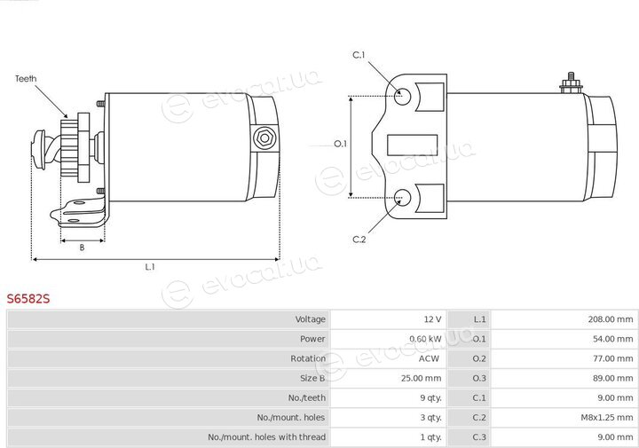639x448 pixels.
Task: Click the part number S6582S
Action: (x=28, y=299)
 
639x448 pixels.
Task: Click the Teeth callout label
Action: (x=26, y=79)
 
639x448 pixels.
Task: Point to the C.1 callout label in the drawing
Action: (x=359, y=55)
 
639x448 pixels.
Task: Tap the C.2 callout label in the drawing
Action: (x=359, y=240)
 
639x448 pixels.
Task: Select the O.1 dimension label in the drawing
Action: (x=340, y=144)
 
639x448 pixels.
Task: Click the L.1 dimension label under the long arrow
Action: (x=150, y=267)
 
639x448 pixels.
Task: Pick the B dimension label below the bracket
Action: (x=82, y=248)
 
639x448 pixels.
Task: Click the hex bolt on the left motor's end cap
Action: (x=264, y=138)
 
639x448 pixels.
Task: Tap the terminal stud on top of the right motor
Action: (x=571, y=83)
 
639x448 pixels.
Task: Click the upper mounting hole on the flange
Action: (x=402, y=97)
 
